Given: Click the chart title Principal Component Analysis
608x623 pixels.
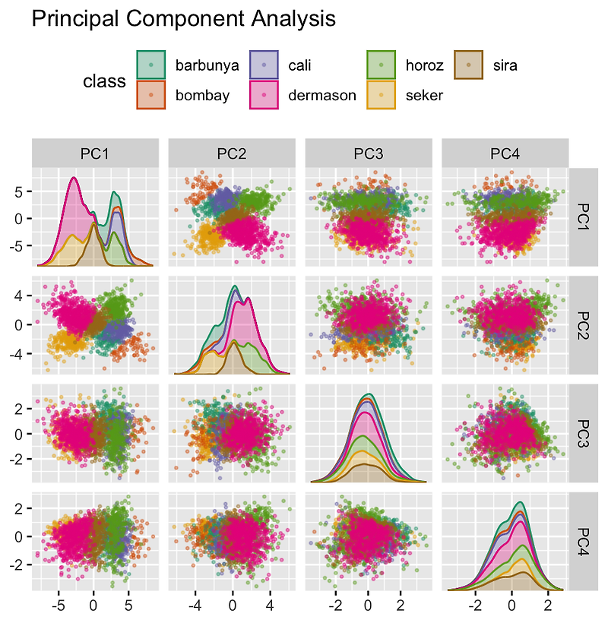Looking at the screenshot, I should tap(183, 18).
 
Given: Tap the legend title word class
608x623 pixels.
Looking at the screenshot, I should tap(104, 81).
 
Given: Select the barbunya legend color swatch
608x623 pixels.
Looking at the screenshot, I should tap(150, 65).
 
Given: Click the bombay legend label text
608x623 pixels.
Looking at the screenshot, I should tap(202, 96).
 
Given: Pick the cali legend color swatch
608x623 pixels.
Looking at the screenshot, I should tap(264, 65).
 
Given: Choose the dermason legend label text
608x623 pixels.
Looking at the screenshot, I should tap(322, 96).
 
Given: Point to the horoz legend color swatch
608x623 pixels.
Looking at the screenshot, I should tap(380, 65).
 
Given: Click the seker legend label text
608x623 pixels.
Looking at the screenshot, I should tap(424, 96).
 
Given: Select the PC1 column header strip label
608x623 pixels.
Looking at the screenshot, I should tap(95, 154).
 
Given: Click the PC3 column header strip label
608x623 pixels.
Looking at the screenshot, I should tap(369, 154).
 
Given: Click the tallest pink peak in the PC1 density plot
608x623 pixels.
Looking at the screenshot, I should tap(74, 179).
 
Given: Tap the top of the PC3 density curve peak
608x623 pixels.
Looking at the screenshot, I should tap(369, 394).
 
